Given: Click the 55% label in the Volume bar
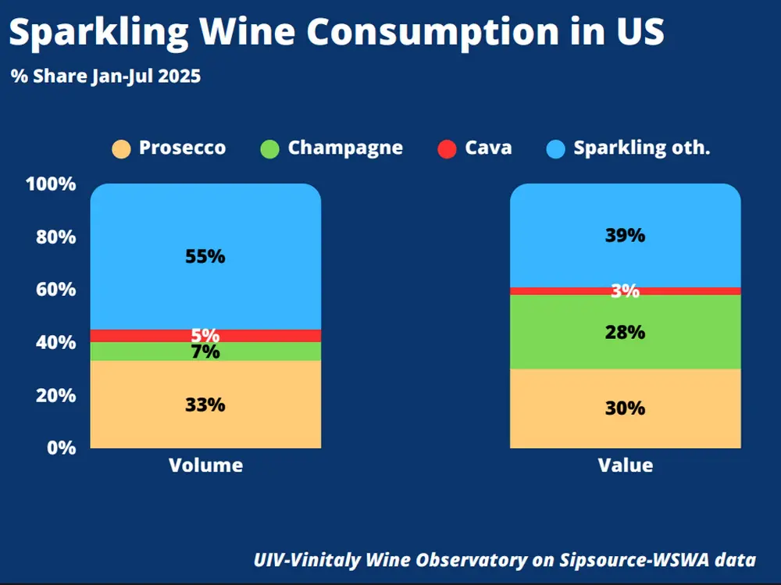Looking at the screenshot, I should [205, 256].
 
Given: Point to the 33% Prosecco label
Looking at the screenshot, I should [205, 405].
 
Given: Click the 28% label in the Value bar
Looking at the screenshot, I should [625, 332].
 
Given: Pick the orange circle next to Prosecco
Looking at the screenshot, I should [121, 148].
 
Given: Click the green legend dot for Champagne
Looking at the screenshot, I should [269, 148].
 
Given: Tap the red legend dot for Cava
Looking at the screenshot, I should [447, 148].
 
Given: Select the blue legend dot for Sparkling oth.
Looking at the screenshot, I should [555, 148].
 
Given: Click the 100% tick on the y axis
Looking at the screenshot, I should [51, 184].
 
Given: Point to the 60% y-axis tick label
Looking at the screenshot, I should [55, 290].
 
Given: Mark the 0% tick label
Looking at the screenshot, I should [61, 448].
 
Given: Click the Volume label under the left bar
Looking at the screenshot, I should [205, 466].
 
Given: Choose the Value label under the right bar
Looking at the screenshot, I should [625, 466].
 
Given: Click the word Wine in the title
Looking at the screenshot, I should [251, 33].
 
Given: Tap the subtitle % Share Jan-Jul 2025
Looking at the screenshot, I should [105, 77].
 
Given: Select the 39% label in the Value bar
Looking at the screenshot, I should [625, 235].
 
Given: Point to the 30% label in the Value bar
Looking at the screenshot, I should [625, 408].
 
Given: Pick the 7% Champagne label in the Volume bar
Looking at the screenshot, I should [205, 352].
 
